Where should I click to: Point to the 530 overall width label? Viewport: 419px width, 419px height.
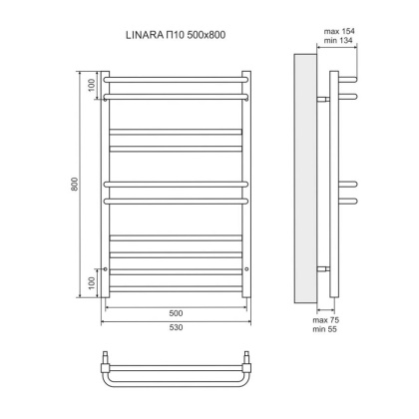click(175, 326)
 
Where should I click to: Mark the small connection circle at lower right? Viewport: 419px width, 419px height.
click(245, 269)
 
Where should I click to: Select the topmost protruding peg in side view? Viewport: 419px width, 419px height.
click(347, 79)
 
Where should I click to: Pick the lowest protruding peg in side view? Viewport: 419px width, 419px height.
click(347, 199)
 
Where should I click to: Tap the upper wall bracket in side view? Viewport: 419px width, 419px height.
click(323, 99)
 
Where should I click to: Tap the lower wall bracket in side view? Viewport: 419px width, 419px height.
click(323, 269)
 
